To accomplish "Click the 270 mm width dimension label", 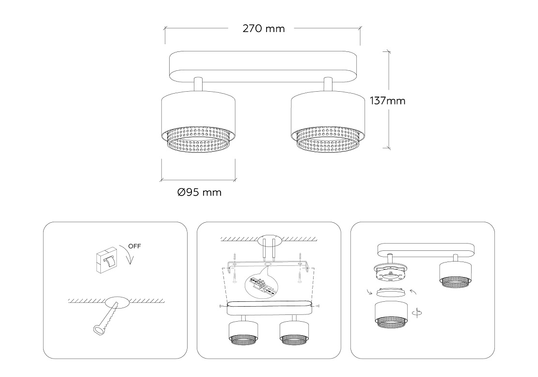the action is (264, 29).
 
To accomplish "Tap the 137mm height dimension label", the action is (388, 101).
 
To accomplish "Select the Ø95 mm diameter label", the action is (199, 192).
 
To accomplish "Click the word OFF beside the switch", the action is (135, 246).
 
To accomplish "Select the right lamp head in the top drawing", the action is (328, 122).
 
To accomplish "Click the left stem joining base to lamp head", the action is (198, 84).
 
